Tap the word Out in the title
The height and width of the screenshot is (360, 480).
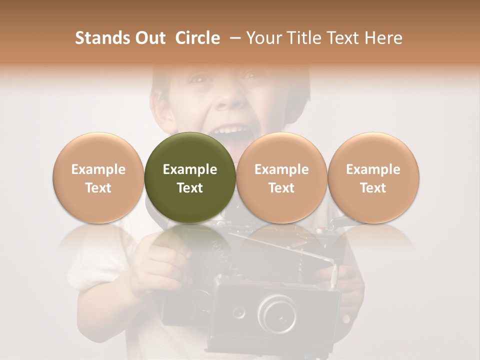149,38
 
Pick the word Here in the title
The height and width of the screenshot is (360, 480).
383,38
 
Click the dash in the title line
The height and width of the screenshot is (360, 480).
232,38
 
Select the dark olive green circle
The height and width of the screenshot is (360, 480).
190,178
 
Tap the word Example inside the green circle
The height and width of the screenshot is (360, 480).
190,169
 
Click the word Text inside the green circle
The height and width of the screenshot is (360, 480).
190,188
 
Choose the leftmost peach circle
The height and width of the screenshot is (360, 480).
98,178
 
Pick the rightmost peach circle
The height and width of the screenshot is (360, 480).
373,178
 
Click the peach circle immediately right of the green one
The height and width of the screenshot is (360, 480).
281,178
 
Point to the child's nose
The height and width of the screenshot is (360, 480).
229,97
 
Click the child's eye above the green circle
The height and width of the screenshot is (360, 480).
200,78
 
